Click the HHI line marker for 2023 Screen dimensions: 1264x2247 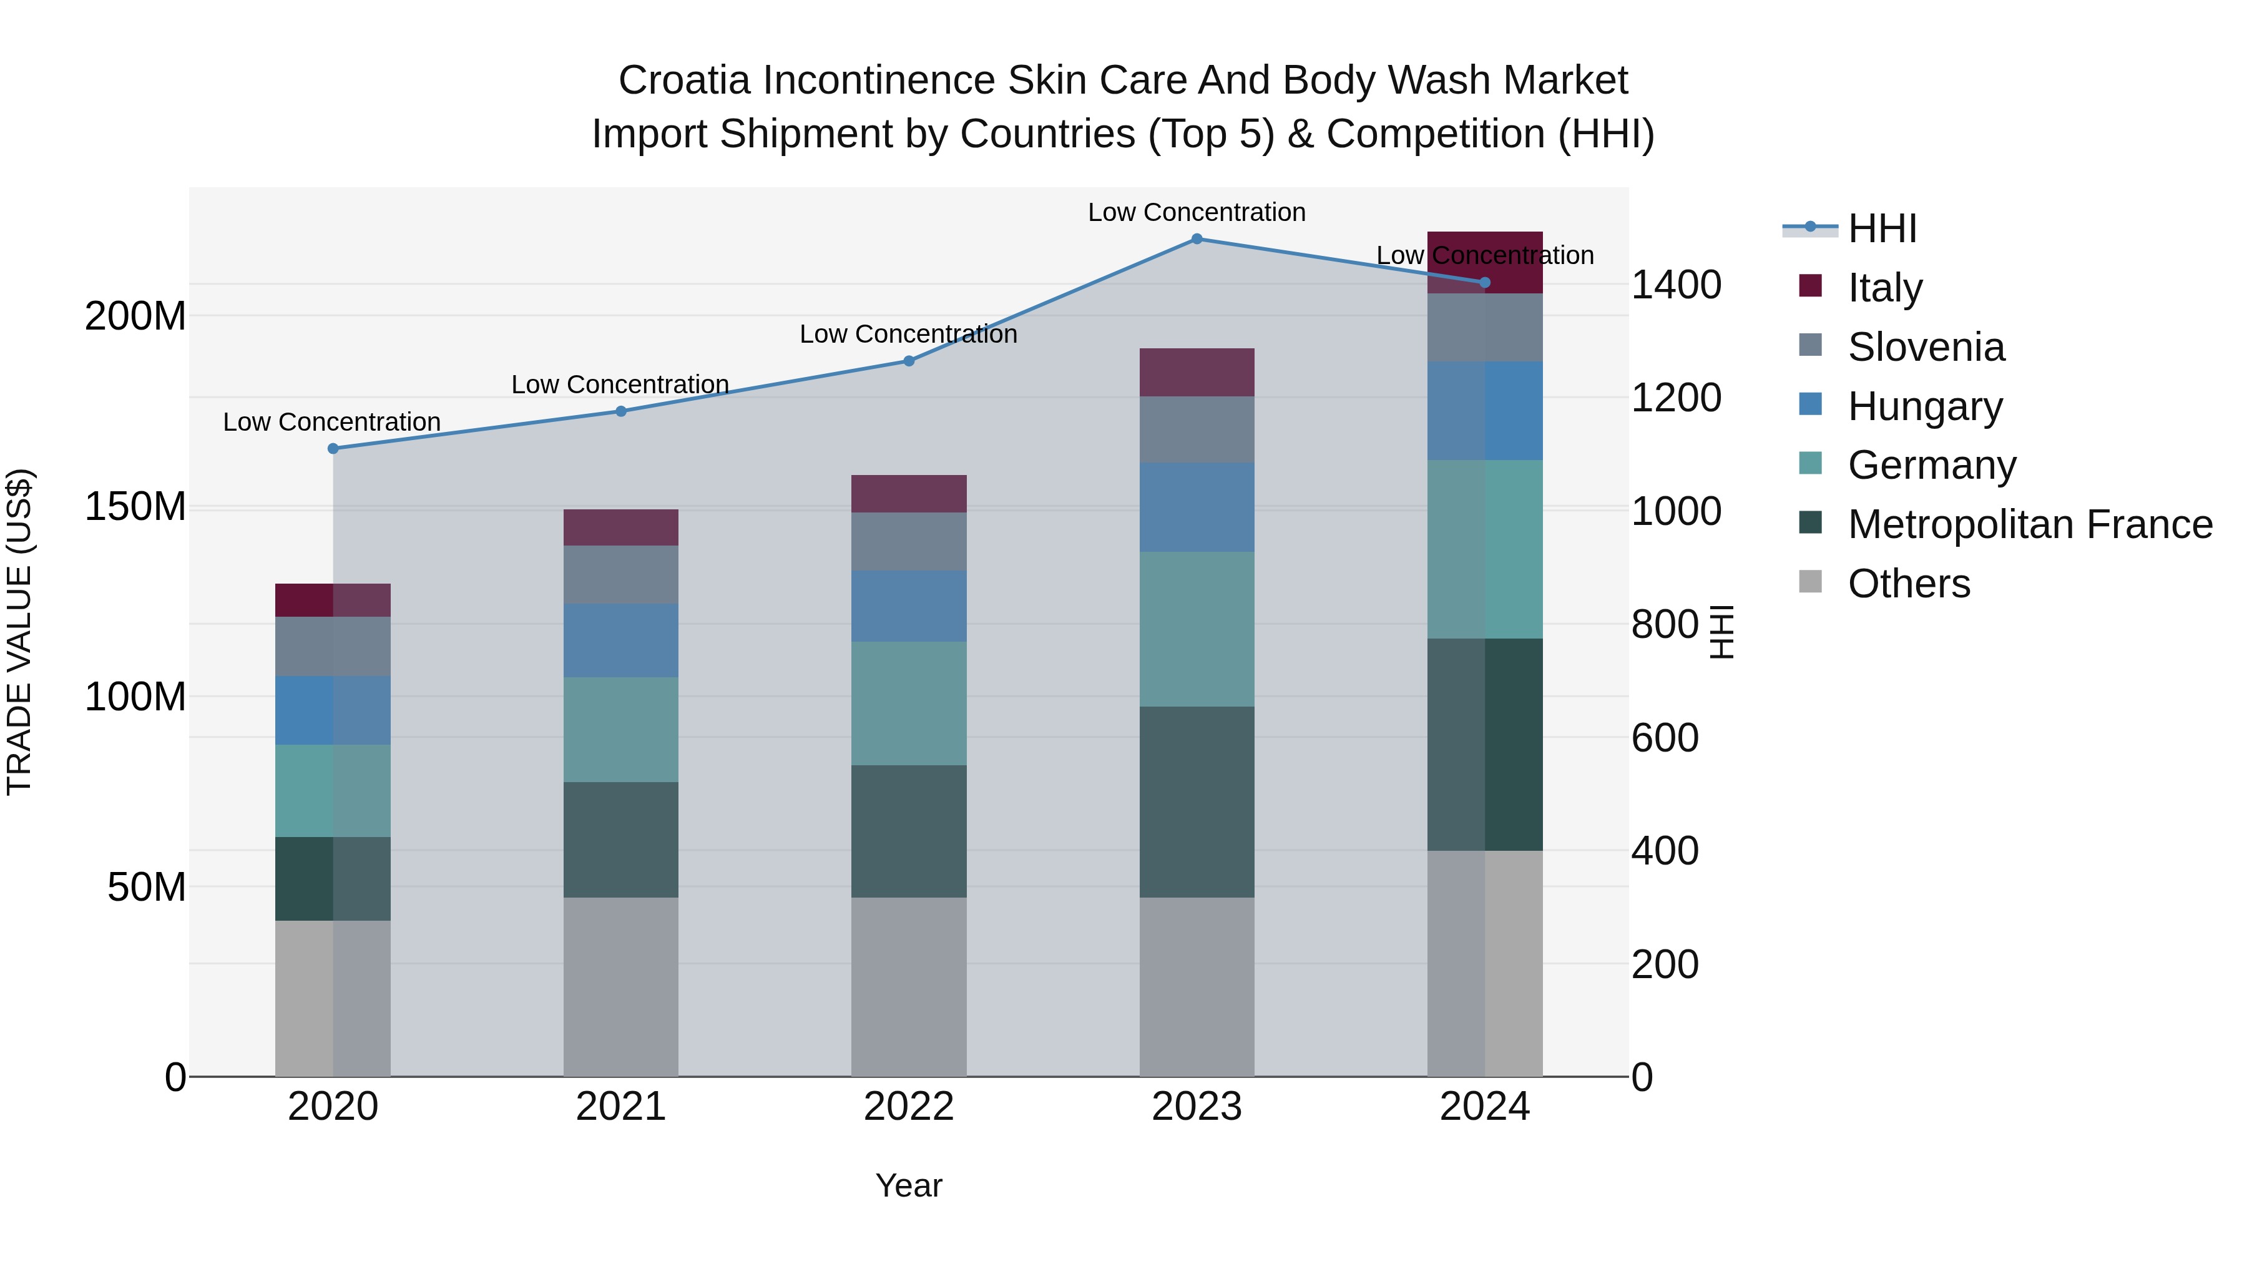pos(1197,239)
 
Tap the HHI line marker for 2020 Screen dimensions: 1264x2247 pos(333,448)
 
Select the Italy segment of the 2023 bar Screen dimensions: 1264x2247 pos(1197,373)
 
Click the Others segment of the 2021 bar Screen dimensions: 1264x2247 pos(620,987)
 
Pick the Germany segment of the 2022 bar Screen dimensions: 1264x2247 pos(908,703)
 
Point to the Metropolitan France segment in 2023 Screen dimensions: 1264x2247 pos(1197,801)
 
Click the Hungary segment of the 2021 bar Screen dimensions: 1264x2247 pos(620,640)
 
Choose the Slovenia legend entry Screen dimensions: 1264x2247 pos(1926,347)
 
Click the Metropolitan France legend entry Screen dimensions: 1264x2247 pos(2030,524)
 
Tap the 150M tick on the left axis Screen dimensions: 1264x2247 pos(135,507)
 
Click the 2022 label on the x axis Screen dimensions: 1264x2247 pos(908,1107)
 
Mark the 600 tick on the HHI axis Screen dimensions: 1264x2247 pos(1664,738)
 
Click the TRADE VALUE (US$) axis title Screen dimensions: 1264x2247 pos(20,632)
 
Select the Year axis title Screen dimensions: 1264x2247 pos(908,1185)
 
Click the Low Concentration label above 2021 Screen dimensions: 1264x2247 pos(620,385)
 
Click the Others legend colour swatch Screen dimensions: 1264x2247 pos(1810,582)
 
